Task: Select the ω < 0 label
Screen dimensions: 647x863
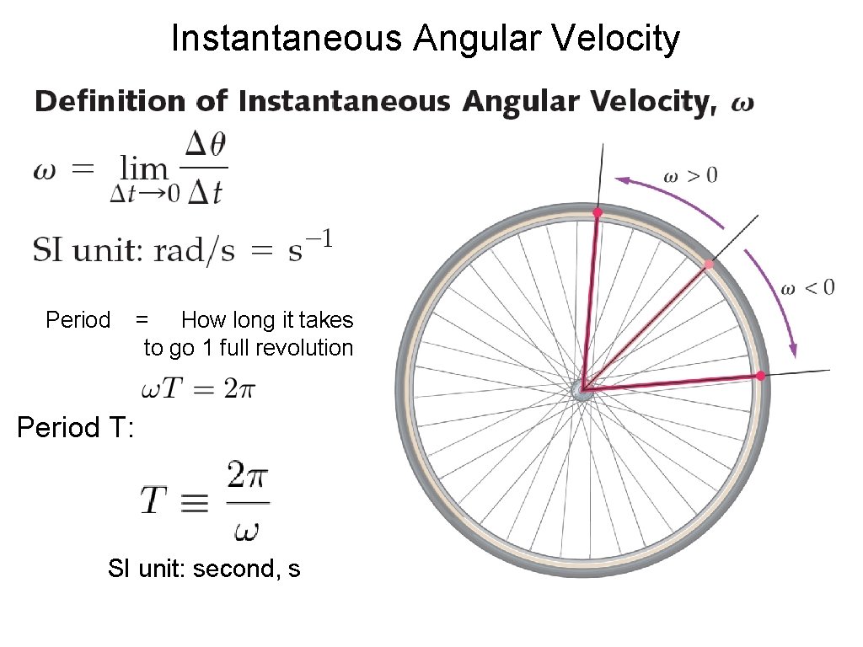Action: pyautogui.click(x=807, y=288)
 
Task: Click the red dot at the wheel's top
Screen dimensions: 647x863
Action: pyautogui.click(x=598, y=212)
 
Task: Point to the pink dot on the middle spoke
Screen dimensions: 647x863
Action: pyautogui.click(x=709, y=265)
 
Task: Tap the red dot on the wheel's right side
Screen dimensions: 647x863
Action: pyautogui.click(x=759, y=376)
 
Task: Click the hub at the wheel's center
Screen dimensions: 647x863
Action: pyautogui.click(x=582, y=389)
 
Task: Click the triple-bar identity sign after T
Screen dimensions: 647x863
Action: pyautogui.click(x=196, y=502)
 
